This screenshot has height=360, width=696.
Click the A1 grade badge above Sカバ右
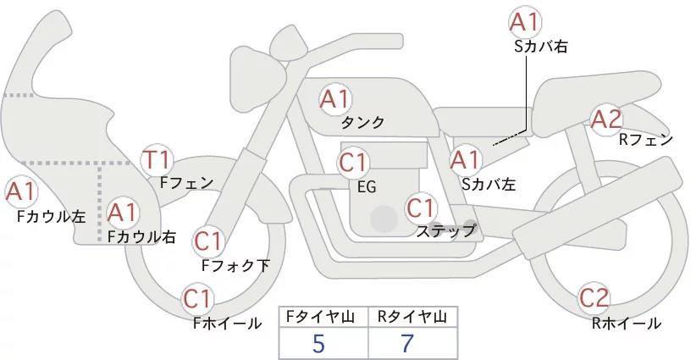pos(525,22)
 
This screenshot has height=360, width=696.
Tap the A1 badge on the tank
pos(334,99)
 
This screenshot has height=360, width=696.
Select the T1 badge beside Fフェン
pos(156,160)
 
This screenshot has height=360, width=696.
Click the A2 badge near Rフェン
pos(606,119)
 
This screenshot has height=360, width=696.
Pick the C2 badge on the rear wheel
pos(594,298)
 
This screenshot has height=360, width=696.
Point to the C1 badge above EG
pos(353,163)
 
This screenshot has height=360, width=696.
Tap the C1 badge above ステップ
pos(421,208)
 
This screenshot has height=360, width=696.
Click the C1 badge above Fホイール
pos(196,299)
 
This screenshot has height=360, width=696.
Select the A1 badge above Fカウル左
pos(20,192)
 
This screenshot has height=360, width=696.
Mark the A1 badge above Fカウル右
pos(122,213)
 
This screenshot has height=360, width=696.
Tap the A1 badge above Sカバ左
pos(465,161)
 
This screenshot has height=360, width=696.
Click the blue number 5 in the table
pos(318,343)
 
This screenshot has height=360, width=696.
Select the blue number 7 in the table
pos(406,343)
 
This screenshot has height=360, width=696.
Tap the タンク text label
pos(362,123)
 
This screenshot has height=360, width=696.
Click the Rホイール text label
pos(627,324)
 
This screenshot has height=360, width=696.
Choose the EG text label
pos(367,187)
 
